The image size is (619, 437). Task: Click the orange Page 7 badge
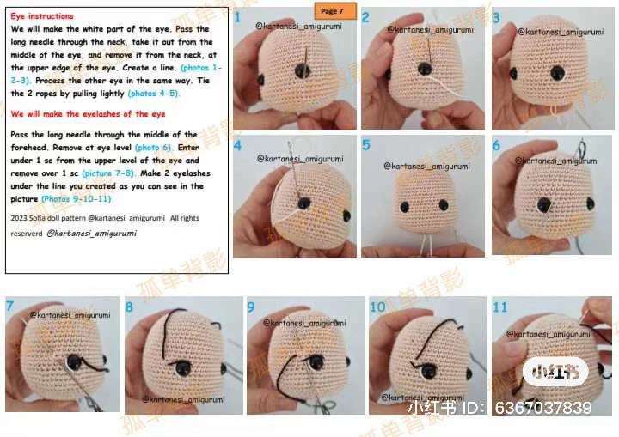point(331,11)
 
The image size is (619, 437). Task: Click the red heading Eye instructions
point(42,16)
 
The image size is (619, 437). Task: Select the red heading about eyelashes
point(89,114)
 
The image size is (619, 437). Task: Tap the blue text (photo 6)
point(153,148)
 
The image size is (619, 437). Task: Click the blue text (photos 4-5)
point(154,93)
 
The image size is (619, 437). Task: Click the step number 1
point(237,17)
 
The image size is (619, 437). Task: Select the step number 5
point(366,145)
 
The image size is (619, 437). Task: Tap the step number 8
point(130,307)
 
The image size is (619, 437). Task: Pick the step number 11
point(499,307)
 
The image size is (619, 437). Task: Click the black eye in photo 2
point(424,68)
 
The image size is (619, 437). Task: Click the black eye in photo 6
point(544,203)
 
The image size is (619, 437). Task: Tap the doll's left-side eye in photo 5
point(404,206)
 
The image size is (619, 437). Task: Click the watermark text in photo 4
point(300,159)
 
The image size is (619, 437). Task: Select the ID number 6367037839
point(542,408)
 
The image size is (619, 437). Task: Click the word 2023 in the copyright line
point(19,219)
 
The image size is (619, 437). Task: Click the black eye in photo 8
point(183,367)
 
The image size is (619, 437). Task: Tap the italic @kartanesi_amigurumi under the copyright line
point(91,233)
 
